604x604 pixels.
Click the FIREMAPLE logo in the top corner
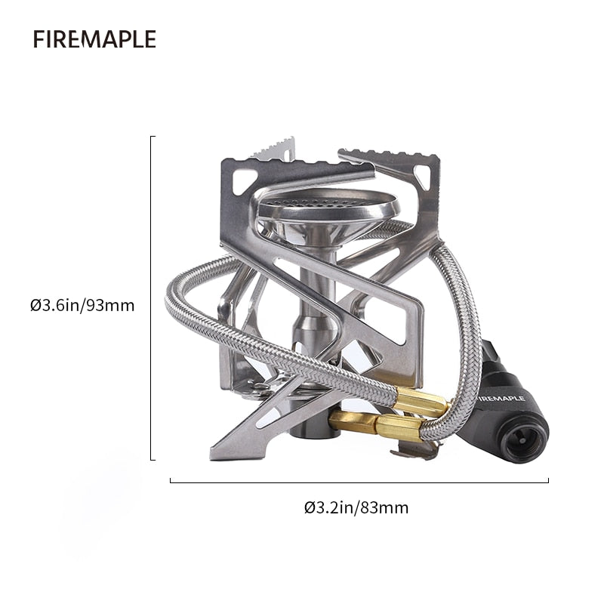(x=94, y=39)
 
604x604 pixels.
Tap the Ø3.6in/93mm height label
(x=82, y=306)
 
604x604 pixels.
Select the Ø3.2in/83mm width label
(x=356, y=507)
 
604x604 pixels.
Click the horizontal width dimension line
(x=359, y=480)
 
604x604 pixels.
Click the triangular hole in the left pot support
(x=244, y=180)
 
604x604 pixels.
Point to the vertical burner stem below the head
(x=311, y=302)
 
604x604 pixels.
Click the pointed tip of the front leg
(x=214, y=455)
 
